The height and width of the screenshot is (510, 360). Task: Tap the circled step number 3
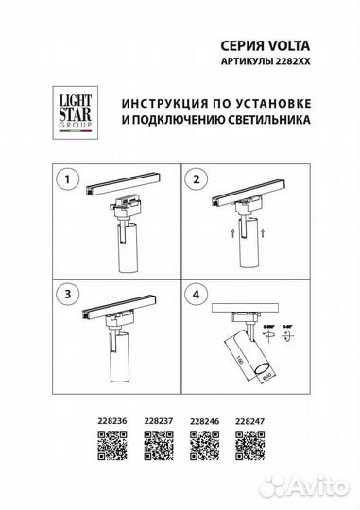[x=65, y=296]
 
